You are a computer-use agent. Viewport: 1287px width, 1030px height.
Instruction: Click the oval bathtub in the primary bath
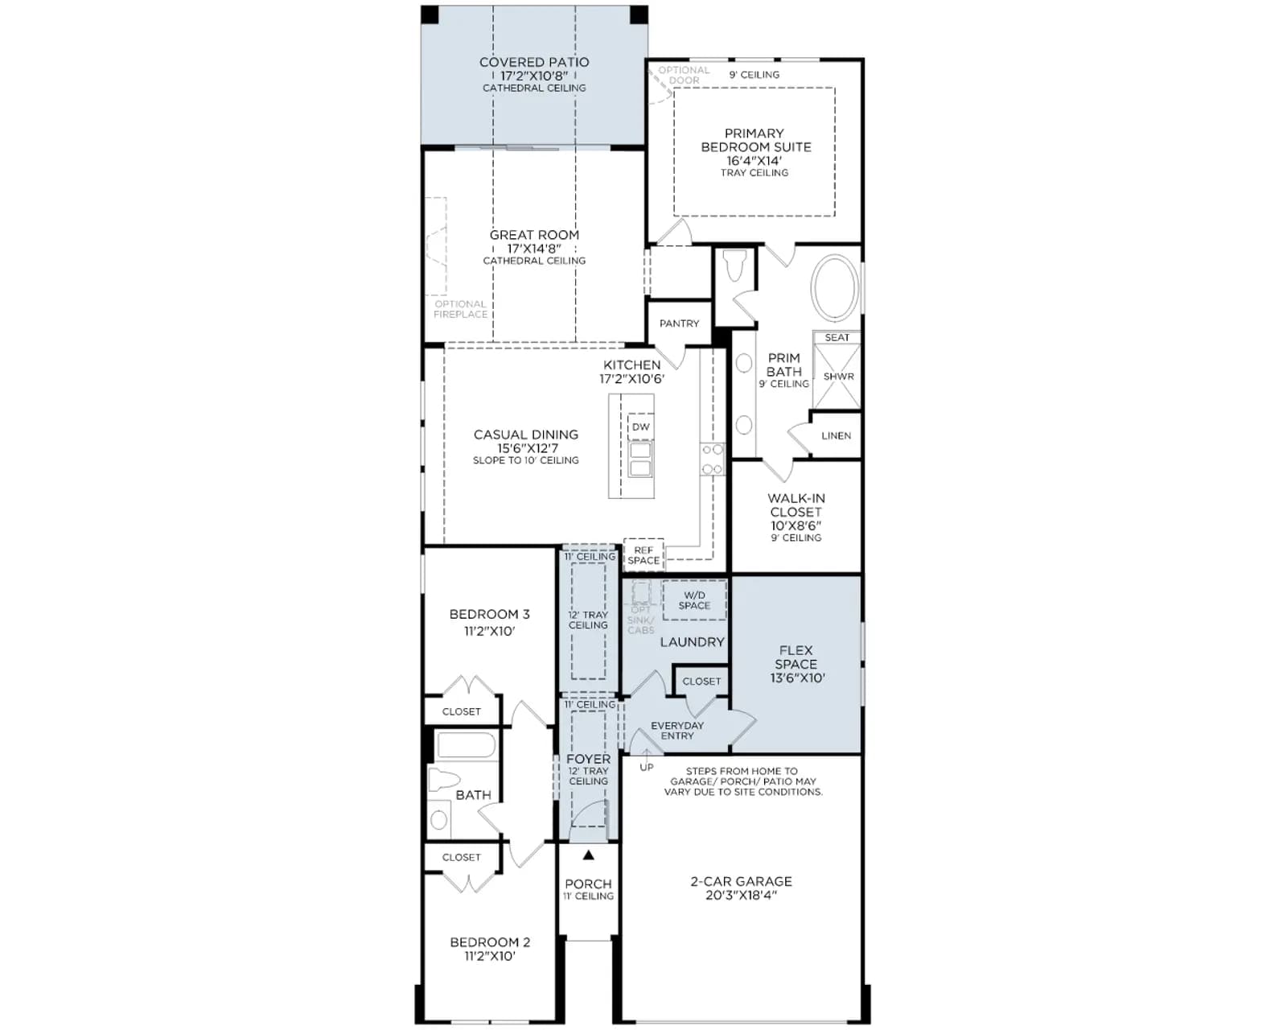coord(835,287)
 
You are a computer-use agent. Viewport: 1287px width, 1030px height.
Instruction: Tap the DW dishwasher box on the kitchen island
coord(640,426)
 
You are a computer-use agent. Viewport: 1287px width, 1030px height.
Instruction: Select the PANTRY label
coord(679,323)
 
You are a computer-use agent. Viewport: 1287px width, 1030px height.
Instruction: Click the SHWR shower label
coord(838,377)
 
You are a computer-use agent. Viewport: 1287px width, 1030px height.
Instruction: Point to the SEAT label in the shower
coord(837,337)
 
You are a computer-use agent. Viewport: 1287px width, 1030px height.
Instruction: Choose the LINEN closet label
coord(836,435)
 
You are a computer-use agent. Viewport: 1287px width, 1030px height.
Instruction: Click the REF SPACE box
coord(643,554)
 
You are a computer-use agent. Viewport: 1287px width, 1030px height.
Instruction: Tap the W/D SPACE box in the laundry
coord(694,600)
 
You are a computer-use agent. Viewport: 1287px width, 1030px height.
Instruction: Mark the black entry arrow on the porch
coord(589,855)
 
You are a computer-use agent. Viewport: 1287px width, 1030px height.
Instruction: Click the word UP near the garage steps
coord(647,767)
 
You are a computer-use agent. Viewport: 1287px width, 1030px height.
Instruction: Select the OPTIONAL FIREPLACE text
coord(460,309)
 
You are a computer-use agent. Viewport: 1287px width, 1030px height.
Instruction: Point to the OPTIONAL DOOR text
coord(685,75)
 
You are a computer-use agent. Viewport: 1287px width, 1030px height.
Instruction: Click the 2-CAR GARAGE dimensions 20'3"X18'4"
coord(741,896)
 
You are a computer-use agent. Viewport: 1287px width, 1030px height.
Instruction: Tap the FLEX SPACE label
coord(796,657)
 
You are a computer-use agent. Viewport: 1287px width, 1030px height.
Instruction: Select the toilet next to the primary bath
coord(735,265)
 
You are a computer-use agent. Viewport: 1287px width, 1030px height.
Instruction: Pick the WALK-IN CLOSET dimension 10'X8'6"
coord(796,525)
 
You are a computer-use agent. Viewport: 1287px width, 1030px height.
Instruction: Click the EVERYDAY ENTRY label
coord(677,730)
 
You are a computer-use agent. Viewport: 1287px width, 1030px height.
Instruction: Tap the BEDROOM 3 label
coord(489,614)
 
